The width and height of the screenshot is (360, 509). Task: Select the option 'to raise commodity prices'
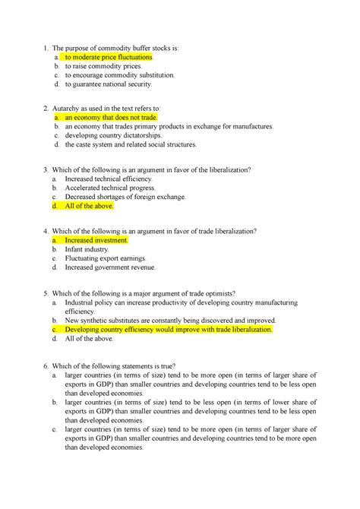pos(103,67)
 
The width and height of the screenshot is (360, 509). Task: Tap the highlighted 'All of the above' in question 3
pos(89,205)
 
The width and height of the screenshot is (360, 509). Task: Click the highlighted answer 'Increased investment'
pos(96,239)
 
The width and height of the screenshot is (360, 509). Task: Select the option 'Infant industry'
pos(87,248)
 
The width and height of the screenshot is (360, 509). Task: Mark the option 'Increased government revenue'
pos(110,267)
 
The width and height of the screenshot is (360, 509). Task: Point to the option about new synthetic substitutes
pos(170,321)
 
